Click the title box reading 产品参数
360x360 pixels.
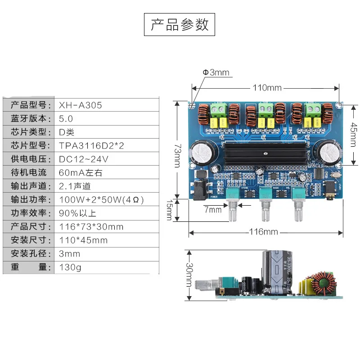pos(180,25)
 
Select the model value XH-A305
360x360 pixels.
pos(81,105)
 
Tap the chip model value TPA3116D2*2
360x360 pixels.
pos(91,146)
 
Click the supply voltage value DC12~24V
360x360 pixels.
pos(84,159)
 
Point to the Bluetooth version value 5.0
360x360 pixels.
pos(66,119)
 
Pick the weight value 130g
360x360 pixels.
pos(70,267)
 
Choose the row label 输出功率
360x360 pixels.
pos(29,200)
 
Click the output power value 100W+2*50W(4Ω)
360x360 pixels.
pos(102,200)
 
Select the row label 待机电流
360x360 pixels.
pos(29,173)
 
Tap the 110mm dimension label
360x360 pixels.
pos(267,88)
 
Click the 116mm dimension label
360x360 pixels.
pos(264,232)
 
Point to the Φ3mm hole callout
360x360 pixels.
pos(216,72)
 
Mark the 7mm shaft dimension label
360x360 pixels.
pos(213,210)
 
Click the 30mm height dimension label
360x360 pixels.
pos(189,275)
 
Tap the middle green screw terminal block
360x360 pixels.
pos(264,109)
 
